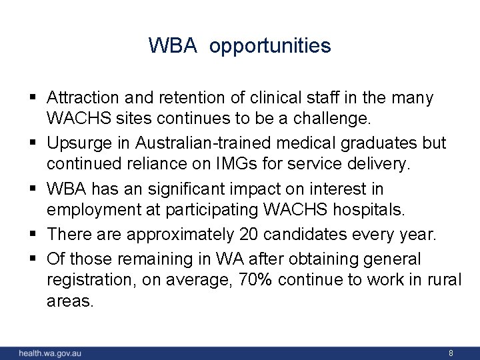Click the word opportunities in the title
(270, 46)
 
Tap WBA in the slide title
(172, 46)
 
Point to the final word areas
(71, 301)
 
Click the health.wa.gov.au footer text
(49, 353)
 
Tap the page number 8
(451, 353)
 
